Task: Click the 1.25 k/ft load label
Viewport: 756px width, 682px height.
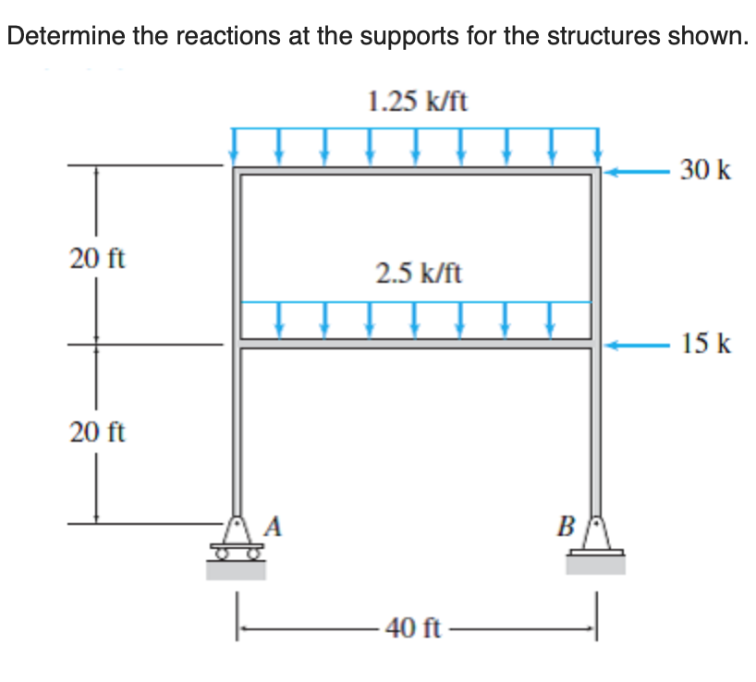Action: tap(417, 101)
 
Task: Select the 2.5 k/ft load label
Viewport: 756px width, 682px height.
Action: tap(419, 273)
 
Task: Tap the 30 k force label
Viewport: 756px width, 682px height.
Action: tap(705, 170)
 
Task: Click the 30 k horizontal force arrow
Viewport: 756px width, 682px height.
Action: tap(639, 171)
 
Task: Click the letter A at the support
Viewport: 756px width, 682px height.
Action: tap(274, 527)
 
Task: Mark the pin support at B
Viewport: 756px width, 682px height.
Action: tap(595, 541)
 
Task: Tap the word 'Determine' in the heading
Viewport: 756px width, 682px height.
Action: tap(60, 38)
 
